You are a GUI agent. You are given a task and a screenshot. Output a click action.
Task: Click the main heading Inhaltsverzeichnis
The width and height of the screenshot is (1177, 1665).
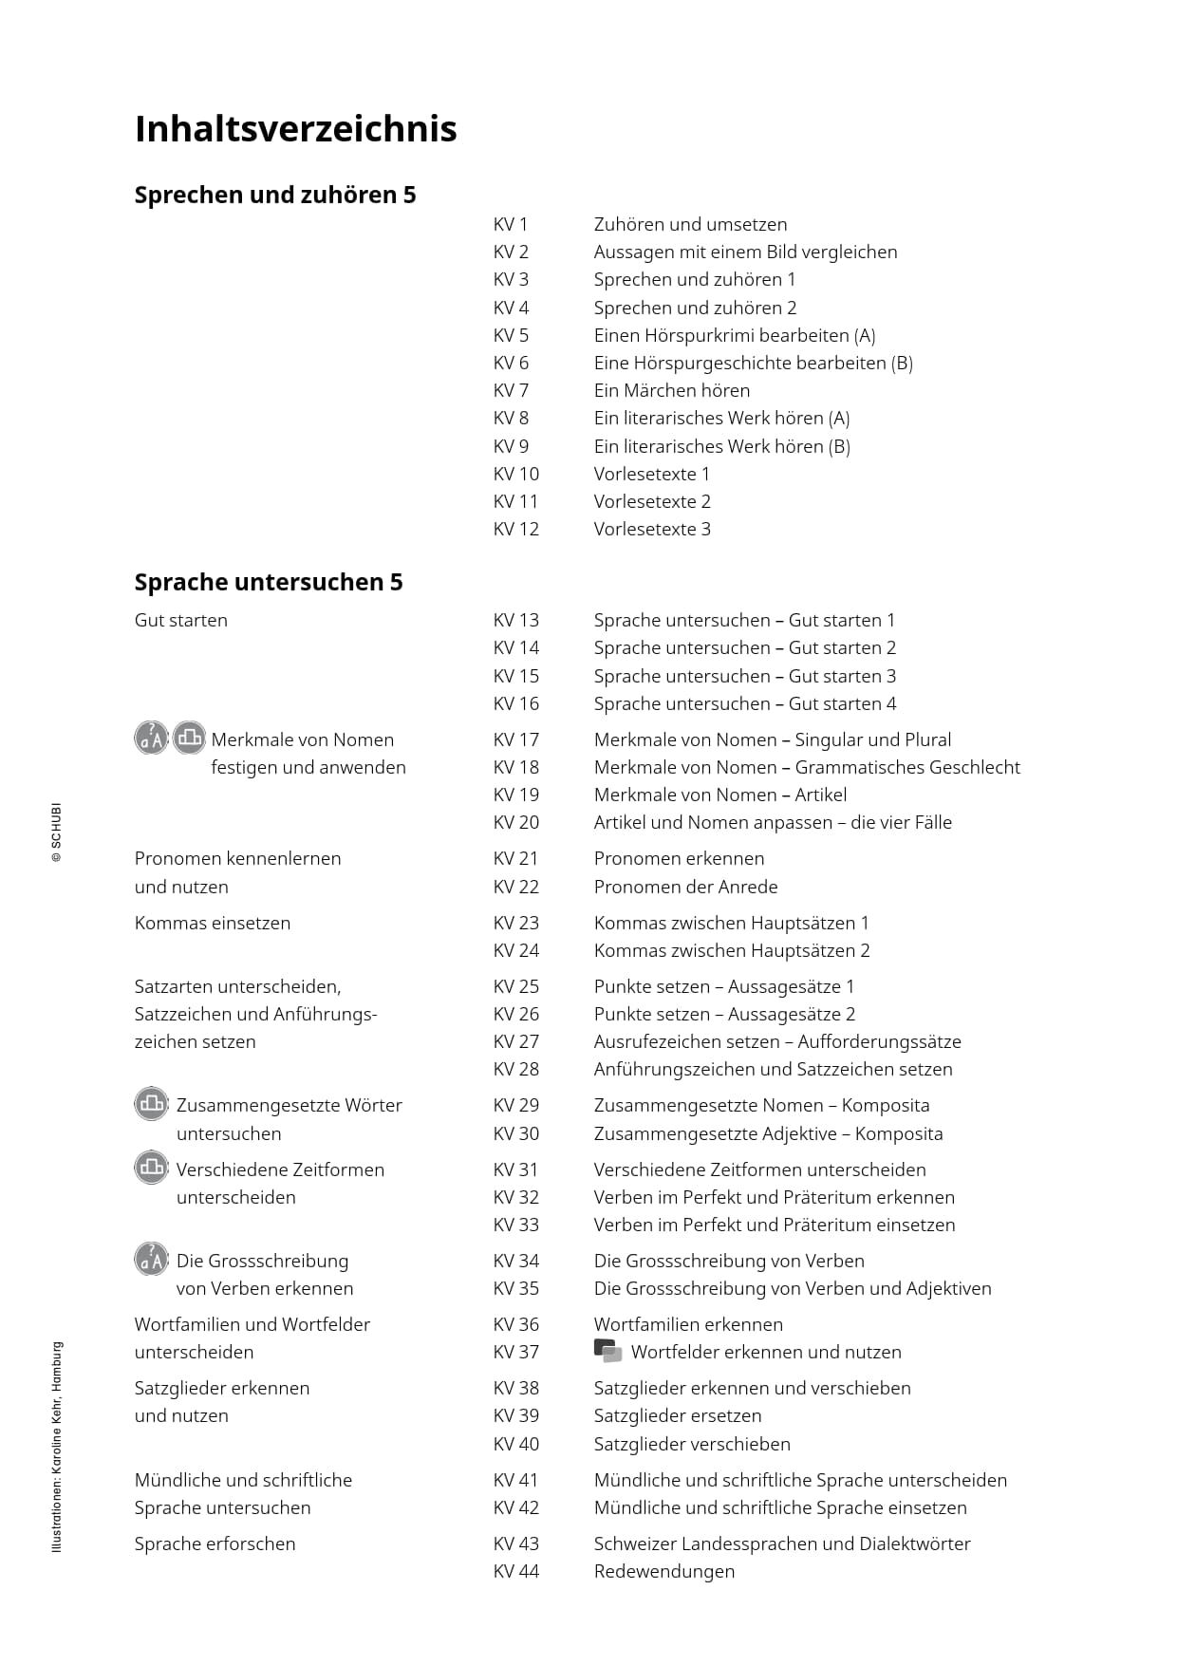click(x=295, y=129)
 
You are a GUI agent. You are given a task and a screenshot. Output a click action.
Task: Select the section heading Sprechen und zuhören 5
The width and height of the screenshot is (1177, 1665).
click(x=275, y=195)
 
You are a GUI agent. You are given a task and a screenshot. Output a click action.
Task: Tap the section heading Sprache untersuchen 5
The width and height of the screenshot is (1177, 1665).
click(x=269, y=582)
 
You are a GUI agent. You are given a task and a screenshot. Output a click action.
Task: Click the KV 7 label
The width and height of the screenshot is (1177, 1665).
click(x=511, y=390)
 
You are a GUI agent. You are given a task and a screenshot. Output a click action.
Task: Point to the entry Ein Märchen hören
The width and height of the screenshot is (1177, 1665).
click(x=671, y=390)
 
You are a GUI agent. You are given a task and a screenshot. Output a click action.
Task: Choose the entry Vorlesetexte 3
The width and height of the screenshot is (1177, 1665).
click(x=652, y=529)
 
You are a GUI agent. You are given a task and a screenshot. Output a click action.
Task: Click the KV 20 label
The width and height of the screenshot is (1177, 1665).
click(x=515, y=822)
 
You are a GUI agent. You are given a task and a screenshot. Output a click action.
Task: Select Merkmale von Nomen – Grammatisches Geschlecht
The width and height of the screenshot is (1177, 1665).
click(x=807, y=767)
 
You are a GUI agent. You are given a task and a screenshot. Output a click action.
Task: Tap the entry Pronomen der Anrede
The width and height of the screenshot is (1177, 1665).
click(x=685, y=887)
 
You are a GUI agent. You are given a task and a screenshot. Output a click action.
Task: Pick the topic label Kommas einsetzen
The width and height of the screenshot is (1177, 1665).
click(x=213, y=923)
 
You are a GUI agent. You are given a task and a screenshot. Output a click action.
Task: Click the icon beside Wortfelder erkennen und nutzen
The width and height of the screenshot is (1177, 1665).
click(x=607, y=1351)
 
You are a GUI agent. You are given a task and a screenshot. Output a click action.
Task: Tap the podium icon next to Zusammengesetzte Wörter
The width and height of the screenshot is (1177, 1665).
click(x=151, y=1104)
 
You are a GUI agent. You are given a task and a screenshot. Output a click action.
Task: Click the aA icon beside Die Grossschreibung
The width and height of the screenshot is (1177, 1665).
click(x=151, y=1260)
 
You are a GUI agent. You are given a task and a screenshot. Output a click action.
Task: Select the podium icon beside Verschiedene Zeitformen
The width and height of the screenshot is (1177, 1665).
click(x=151, y=1168)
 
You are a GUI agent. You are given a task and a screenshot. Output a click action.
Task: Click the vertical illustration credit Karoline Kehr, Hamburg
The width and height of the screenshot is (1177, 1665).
click(x=57, y=1447)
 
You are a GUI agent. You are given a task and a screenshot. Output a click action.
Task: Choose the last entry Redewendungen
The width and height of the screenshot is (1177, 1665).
click(x=663, y=1571)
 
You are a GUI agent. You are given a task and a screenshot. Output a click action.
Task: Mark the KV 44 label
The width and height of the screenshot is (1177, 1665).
click(x=515, y=1571)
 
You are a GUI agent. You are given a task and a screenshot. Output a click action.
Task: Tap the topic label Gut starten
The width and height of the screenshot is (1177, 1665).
click(x=181, y=620)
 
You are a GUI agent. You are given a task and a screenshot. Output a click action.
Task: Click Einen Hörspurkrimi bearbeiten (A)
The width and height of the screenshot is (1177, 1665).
click(x=734, y=335)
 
